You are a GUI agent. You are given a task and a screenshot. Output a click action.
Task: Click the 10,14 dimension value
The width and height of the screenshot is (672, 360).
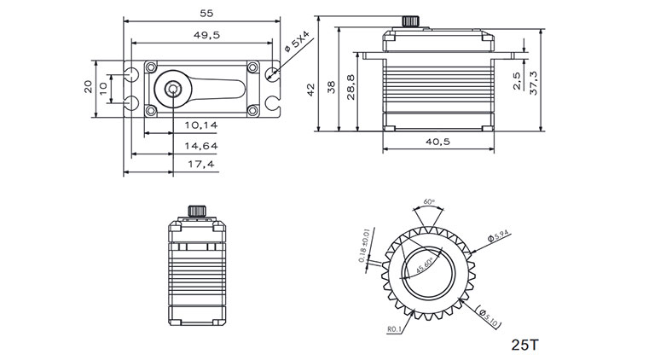tap(200, 125)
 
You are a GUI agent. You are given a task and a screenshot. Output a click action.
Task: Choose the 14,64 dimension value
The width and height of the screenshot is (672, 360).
tap(200, 145)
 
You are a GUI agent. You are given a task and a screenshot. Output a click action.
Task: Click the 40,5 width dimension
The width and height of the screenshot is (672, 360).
tap(439, 142)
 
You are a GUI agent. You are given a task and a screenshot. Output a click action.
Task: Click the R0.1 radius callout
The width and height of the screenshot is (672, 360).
tap(392, 327)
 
